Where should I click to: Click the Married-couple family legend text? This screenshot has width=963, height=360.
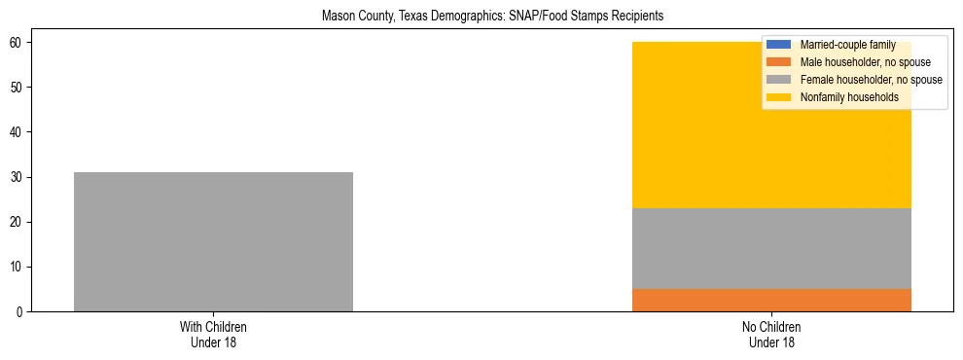847,45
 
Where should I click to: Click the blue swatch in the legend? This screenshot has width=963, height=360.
779,45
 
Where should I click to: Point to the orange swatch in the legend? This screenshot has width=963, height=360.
779,62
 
